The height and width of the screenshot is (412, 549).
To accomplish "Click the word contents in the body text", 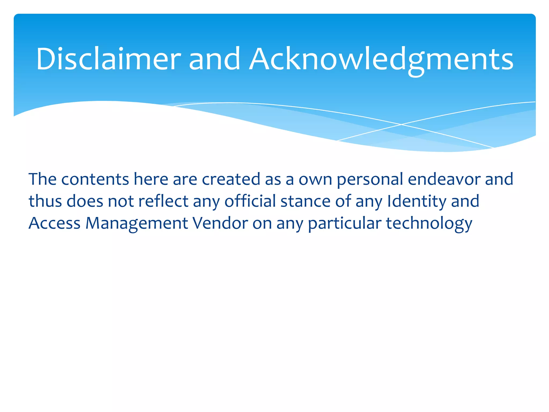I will click(95, 179).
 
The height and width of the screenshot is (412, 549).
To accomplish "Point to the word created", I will click(231, 179).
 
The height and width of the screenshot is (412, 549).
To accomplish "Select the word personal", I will click(370, 179).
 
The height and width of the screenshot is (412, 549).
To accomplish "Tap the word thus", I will click(45, 201).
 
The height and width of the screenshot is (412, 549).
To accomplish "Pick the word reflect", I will click(163, 201).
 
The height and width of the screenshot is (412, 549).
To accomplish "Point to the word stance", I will click(305, 201).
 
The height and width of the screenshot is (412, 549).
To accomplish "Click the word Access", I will click(54, 223).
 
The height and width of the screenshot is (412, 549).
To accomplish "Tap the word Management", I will click(137, 223).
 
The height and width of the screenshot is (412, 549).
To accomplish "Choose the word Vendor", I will click(220, 223).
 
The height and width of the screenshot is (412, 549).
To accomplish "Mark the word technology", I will click(429, 223).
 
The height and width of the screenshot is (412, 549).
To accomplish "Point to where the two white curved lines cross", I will click(401, 124).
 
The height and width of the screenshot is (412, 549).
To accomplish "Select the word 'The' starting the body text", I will click(42, 179).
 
